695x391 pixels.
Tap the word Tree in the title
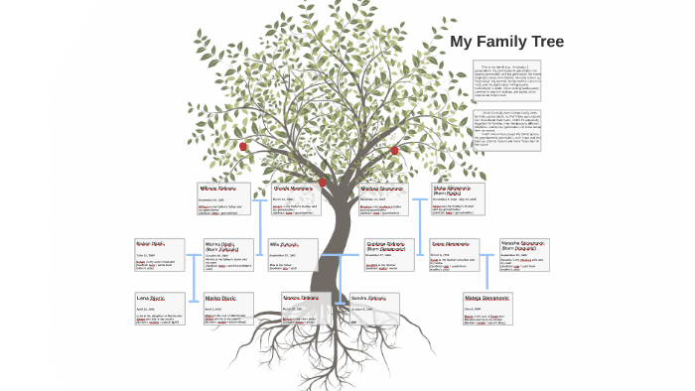[546, 42]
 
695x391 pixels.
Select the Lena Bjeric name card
[160, 309]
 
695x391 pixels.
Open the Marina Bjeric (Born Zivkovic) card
[225, 256]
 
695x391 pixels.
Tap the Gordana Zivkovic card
[389, 256]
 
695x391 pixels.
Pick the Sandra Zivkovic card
[374, 309]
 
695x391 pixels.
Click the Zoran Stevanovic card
[453, 256]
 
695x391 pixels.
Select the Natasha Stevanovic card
[523, 255]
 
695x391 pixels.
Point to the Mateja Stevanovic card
[487, 309]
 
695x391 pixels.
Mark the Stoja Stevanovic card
[458, 198]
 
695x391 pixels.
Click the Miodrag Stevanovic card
[382, 198]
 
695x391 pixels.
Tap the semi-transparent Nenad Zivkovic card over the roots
[306, 309]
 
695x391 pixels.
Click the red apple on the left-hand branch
[242, 146]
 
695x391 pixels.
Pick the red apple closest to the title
[394, 151]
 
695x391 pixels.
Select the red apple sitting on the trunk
[322, 182]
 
